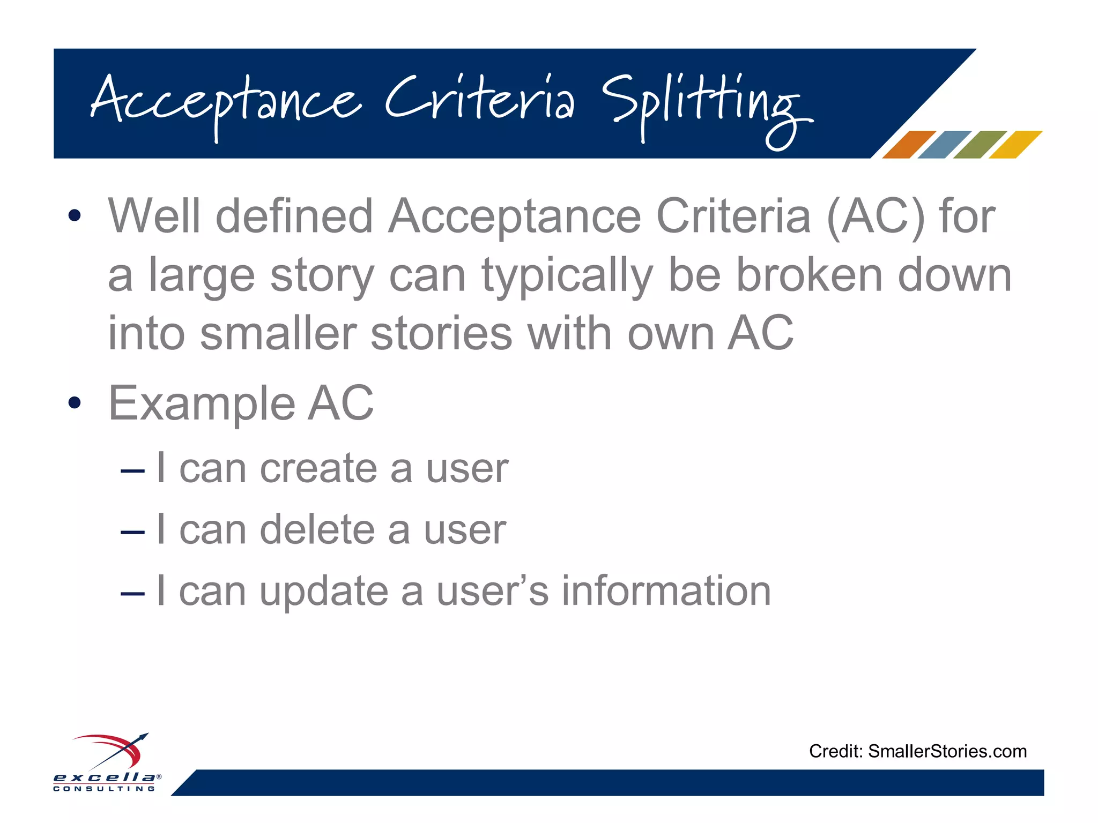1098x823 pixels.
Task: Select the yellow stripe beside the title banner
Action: point(1015,145)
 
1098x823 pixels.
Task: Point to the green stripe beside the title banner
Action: point(980,145)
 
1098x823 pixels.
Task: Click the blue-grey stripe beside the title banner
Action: point(944,145)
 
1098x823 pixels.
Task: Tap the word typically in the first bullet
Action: point(567,276)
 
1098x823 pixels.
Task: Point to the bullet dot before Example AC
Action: point(75,403)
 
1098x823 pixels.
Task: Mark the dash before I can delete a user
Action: point(132,532)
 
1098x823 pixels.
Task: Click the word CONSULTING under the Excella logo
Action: point(104,789)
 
